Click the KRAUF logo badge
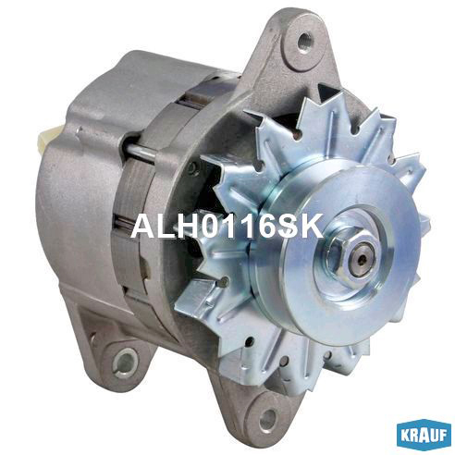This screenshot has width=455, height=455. click(424, 436)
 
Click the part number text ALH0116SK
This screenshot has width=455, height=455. click(227, 227)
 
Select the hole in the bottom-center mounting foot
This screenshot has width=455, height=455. click(267, 418)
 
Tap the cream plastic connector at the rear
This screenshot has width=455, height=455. click(45, 138)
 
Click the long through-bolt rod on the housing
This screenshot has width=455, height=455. click(141, 153)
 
